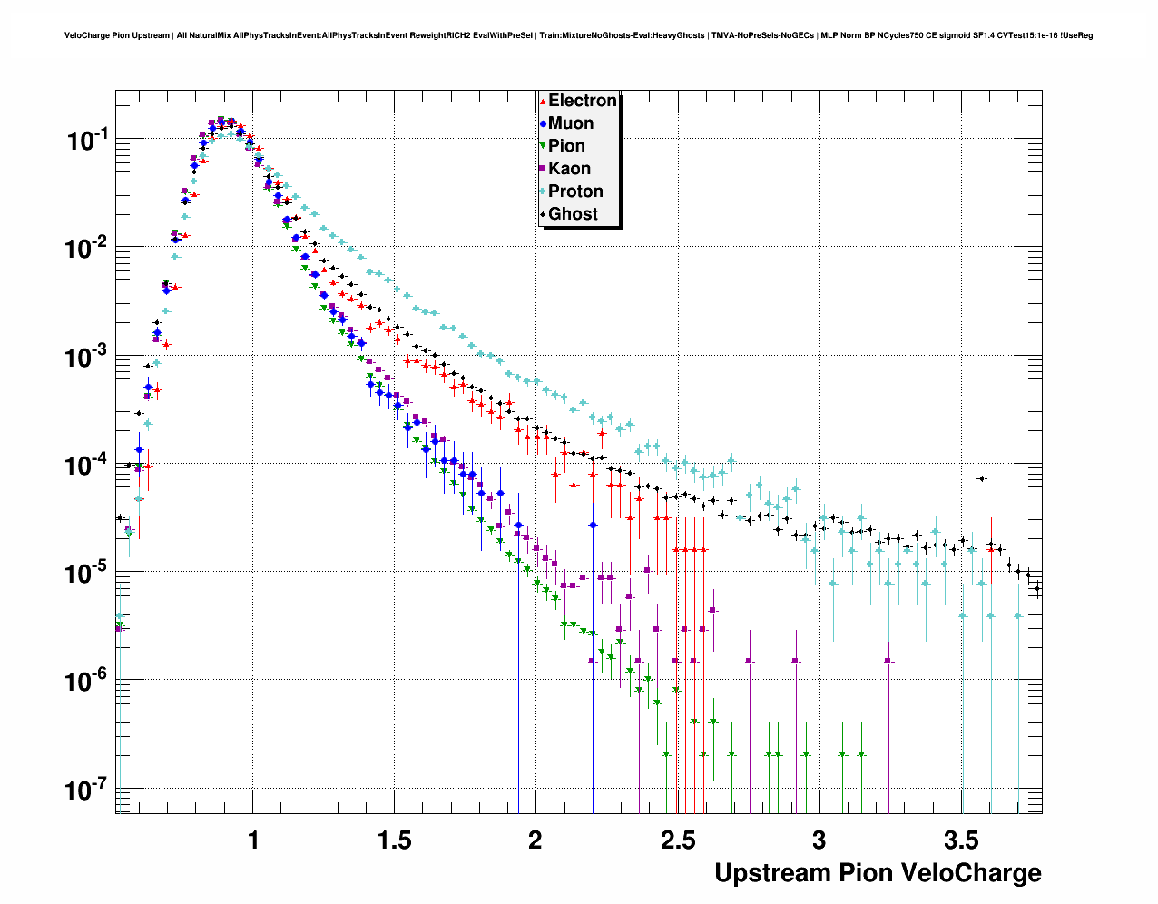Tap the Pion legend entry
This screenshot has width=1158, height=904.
click(x=566, y=146)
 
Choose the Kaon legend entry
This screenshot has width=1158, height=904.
click(x=569, y=169)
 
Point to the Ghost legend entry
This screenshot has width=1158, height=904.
click(x=573, y=214)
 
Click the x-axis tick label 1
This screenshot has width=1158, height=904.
click(x=253, y=840)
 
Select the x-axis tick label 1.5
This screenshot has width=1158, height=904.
click(x=394, y=840)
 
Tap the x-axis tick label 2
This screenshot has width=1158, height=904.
click(x=535, y=840)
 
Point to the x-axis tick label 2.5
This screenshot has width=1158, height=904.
click(x=677, y=840)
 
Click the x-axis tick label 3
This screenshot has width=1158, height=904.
click(x=819, y=840)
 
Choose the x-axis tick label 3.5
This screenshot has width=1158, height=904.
click(x=960, y=840)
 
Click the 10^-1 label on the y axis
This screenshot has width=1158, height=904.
click(x=87, y=141)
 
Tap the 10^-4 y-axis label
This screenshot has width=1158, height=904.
click(x=87, y=465)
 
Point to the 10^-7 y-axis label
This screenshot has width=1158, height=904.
click(x=87, y=790)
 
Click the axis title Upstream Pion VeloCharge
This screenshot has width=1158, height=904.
click(x=878, y=873)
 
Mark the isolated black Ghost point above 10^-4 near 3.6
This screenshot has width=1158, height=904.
click(x=981, y=478)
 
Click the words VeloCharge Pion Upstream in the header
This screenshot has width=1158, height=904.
click(x=117, y=35)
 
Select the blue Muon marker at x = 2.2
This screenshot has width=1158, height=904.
click(x=593, y=525)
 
